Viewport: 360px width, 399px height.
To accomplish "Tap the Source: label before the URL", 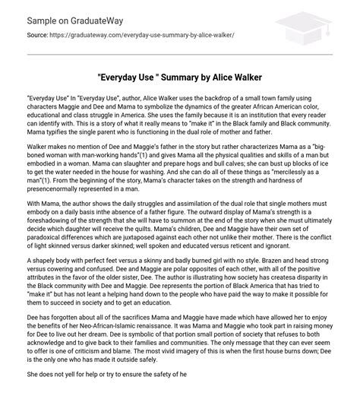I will click(35, 35).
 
